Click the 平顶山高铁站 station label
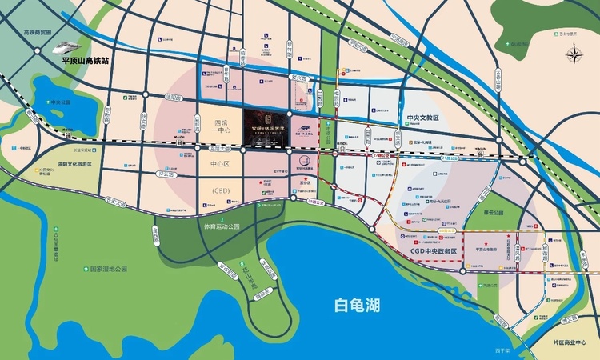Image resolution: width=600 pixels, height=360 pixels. click(x=84, y=60)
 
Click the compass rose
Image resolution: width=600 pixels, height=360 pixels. click(x=574, y=55)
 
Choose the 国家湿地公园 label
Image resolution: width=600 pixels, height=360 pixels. click(x=109, y=270)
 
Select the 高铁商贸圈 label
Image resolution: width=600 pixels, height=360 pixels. click(x=38, y=34)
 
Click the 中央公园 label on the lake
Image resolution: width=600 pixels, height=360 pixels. click(x=61, y=102)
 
